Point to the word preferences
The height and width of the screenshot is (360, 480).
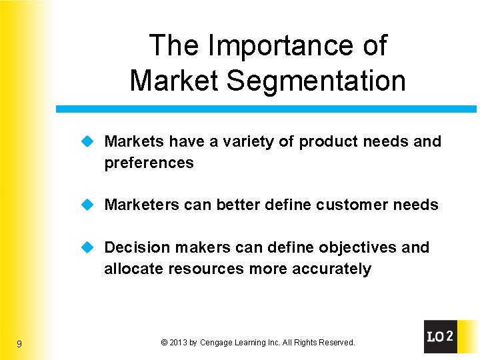click(x=149, y=163)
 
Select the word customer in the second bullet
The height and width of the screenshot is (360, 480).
click(x=359, y=205)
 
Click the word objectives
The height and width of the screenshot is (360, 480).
click(x=359, y=247)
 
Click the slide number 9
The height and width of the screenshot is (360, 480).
click(x=19, y=344)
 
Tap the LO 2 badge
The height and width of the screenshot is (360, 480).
click(x=441, y=337)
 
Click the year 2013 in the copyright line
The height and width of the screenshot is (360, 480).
click(x=177, y=343)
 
